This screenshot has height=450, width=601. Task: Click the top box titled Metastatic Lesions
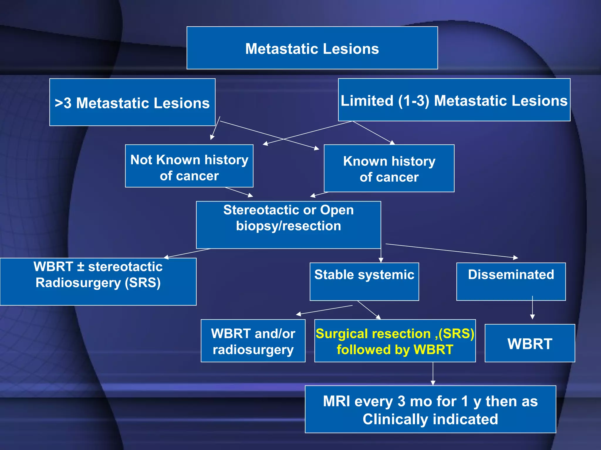[x=312, y=48]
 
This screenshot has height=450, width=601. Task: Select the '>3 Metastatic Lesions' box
[x=132, y=103]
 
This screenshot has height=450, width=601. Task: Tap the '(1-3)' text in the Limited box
[x=414, y=101]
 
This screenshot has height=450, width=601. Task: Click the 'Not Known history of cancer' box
[x=189, y=167]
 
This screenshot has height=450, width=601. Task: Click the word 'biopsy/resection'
[x=288, y=226]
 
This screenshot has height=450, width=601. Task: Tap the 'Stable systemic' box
[x=364, y=281]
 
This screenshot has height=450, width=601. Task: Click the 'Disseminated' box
[x=511, y=281]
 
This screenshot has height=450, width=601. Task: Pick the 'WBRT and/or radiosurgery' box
[x=253, y=341]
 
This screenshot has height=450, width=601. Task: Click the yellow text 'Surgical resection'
[x=373, y=334]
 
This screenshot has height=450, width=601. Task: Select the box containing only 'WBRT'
[x=530, y=343]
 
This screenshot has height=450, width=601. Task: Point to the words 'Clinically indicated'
[x=430, y=419]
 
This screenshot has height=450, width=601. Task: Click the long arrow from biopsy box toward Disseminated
[x=452, y=251]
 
